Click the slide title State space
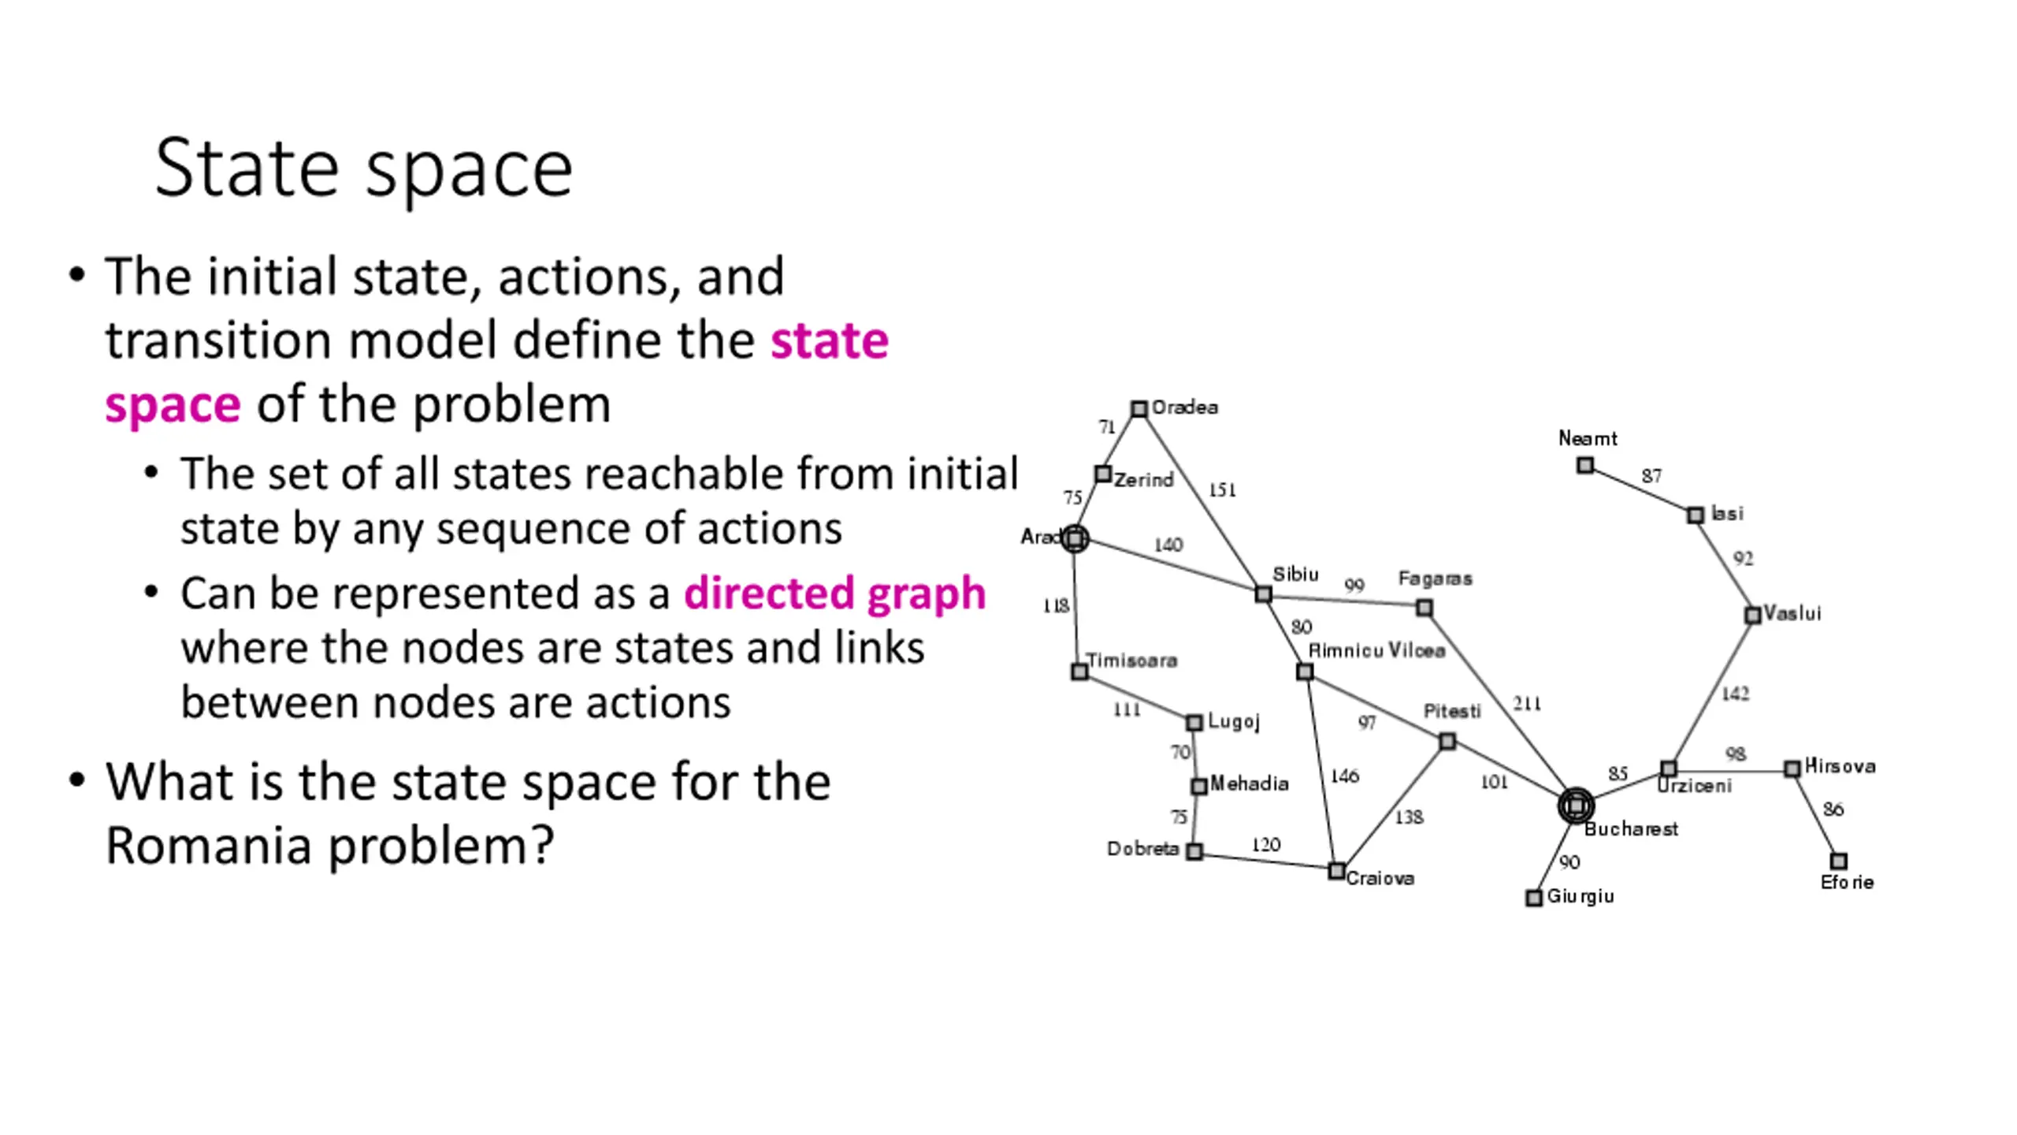363,169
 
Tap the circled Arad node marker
1075,539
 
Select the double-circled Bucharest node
1576,806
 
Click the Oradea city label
1184,407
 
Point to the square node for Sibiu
1263,594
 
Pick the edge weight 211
1527,703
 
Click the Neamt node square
1585,466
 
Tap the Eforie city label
1846,883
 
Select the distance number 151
1222,489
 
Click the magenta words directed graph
834,594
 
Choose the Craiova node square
1336,871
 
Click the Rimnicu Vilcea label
1376,650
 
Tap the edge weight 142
1735,694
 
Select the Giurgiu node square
1533,898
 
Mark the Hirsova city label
1840,766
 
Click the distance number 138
1409,817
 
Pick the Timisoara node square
1079,672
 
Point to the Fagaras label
1435,579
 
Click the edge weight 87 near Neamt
1651,476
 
